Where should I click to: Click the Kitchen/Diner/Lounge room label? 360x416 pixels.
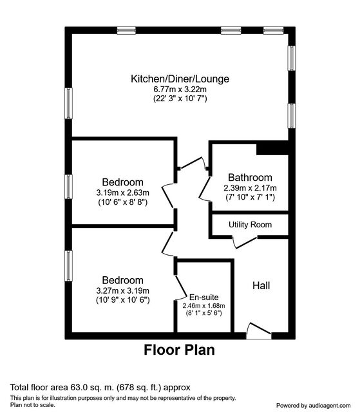[x=180, y=79]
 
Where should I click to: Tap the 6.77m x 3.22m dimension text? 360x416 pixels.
[x=180, y=89]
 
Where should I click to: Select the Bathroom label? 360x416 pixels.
[x=250, y=177]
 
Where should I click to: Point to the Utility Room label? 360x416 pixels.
[x=250, y=225]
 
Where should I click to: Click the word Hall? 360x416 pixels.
[x=261, y=286]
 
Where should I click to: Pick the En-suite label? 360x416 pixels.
[x=204, y=297]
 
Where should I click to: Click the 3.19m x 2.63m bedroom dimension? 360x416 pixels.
[x=122, y=193]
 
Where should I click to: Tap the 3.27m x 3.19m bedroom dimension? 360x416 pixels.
[x=122, y=290]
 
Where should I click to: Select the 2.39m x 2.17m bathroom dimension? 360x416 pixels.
[x=250, y=188]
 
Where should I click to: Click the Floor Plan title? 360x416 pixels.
[x=179, y=350]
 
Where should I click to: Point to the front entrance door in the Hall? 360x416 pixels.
[x=259, y=331]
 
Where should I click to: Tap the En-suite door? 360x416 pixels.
[x=180, y=288]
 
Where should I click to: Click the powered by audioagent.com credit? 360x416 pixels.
[x=313, y=406]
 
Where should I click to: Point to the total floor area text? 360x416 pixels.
[x=100, y=388]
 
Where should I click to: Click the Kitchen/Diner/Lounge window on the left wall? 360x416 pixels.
[x=69, y=103]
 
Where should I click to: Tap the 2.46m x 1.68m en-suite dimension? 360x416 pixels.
[x=204, y=306]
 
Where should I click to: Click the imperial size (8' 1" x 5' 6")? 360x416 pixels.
[x=204, y=313]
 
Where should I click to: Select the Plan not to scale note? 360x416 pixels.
[x=33, y=405]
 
